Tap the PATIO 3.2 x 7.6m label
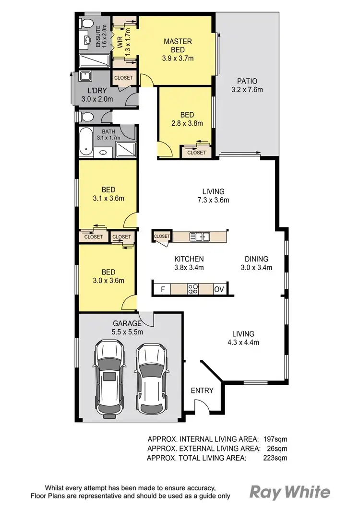[x=247, y=85]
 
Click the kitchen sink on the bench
[x=199, y=236]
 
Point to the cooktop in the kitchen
[x=193, y=289]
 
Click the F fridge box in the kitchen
[x=163, y=289]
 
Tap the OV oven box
[x=219, y=289]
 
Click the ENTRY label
[x=202, y=391]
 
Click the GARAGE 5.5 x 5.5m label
[x=127, y=327]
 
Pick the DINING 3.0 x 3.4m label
[x=256, y=263]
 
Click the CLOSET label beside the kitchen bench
[x=162, y=236]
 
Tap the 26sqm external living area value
[x=278, y=448]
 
